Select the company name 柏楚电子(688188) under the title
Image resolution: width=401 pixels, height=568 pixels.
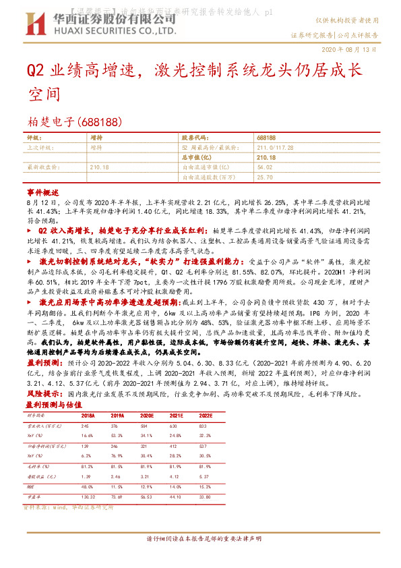[73, 122]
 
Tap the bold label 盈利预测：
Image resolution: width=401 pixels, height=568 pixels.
[42, 362]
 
